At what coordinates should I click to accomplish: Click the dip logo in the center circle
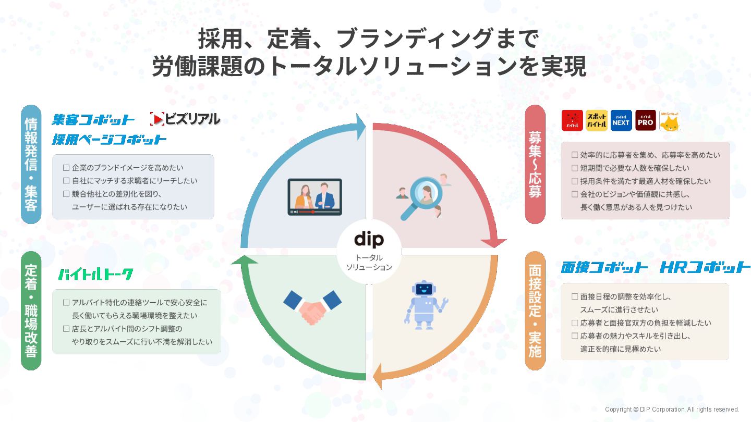click(x=369, y=239)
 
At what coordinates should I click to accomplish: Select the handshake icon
click(x=312, y=307)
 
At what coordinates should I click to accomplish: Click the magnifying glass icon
click(x=420, y=198)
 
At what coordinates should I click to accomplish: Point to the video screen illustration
click(x=314, y=197)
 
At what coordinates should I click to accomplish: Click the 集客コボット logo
click(x=93, y=120)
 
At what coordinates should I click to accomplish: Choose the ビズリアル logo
click(x=185, y=119)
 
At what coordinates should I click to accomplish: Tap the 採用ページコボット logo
click(x=109, y=140)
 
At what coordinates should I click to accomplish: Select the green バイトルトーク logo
click(x=95, y=275)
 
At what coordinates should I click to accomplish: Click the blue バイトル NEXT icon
click(x=621, y=120)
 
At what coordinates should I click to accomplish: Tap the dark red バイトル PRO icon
click(x=645, y=120)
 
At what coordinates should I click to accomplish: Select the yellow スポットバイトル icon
click(x=596, y=120)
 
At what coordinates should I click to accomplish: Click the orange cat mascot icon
click(x=670, y=121)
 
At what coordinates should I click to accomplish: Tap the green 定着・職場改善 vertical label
click(x=31, y=311)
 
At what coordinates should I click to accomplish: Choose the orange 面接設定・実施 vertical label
click(x=535, y=311)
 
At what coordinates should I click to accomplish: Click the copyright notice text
click(x=672, y=409)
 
